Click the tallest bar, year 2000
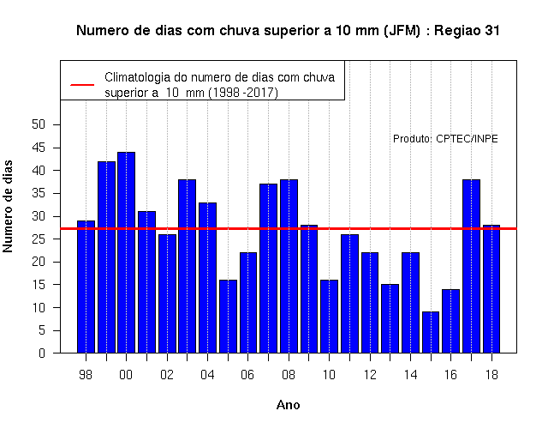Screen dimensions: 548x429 [x=126, y=252]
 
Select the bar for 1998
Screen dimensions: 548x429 [x=86, y=287]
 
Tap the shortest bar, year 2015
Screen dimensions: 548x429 [x=431, y=332]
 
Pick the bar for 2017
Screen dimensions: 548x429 [x=471, y=266]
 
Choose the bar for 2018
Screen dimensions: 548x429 [x=491, y=289]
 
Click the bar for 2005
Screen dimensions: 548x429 [x=229, y=317]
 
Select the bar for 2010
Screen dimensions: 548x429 [x=329, y=317]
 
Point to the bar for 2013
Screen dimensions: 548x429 [x=390, y=318]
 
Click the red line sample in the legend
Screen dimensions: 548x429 [x=82, y=85]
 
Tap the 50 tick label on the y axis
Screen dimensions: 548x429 [x=39, y=124]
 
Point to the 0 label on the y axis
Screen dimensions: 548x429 [x=42, y=353]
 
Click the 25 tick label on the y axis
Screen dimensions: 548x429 [x=39, y=239]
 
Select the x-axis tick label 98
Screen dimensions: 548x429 [x=86, y=375]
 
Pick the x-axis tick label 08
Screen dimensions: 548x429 [x=289, y=375]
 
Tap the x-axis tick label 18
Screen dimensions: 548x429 [x=491, y=375]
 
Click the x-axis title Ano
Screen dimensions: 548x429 [x=288, y=405]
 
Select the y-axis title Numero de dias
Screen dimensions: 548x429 [x=8, y=206]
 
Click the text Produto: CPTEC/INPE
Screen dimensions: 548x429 [x=445, y=139]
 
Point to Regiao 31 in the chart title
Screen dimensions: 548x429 [x=467, y=31]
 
